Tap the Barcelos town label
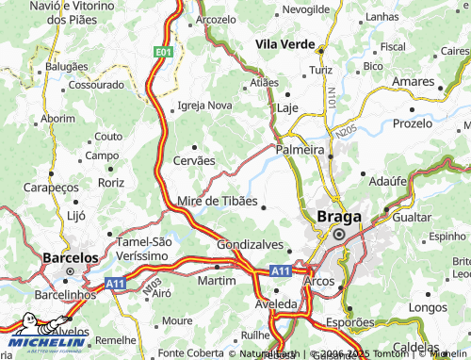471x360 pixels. coord(72,256)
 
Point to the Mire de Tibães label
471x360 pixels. coord(216,201)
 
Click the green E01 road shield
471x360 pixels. coord(164,53)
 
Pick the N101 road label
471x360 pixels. coord(332,98)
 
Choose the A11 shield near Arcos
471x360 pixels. coord(279,270)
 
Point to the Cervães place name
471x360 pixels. coord(194,160)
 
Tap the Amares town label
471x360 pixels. coord(412,83)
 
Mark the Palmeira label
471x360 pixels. coord(300,149)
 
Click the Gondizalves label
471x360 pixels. coord(249,243)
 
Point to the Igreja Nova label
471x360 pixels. coord(204,105)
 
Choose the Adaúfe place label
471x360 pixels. coord(387,177)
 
